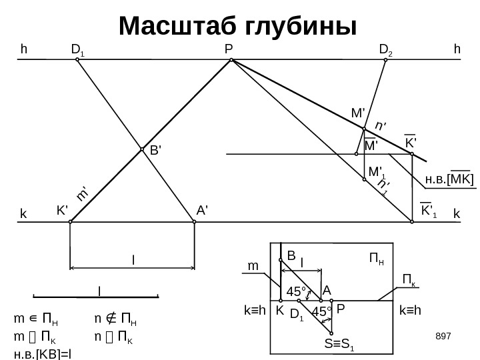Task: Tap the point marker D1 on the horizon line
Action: coord(77,59)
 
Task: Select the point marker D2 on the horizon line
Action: coord(385,59)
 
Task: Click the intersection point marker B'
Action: coord(143,150)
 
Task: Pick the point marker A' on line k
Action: coord(194,223)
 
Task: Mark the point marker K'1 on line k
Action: coord(411,223)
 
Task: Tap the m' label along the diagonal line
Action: coord(83,194)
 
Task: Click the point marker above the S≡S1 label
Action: coord(331,333)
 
